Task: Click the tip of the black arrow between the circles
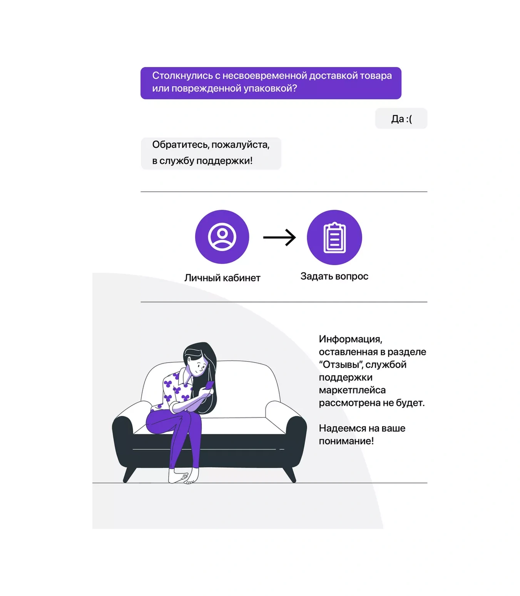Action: (296, 238)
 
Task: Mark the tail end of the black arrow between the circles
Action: (263, 238)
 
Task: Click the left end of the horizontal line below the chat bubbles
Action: (140, 192)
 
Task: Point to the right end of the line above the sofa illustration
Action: (427, 302)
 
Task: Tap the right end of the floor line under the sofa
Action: (427, 483)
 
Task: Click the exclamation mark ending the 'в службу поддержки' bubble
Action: (251, 161)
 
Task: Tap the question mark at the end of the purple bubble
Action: (294, 88)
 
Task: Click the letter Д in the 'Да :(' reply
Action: (395, 119)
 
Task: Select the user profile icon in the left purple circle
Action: (222, 237)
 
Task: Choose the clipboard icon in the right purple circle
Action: (334, 238)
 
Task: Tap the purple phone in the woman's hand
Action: (210, 385)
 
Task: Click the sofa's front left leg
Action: (129, 475)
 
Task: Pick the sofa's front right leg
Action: (290, 475)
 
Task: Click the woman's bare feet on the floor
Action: (184, 476)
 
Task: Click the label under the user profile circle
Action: (222, 278)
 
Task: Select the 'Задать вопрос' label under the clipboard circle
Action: (334, 276)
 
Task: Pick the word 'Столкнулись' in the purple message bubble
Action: (182, 76)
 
